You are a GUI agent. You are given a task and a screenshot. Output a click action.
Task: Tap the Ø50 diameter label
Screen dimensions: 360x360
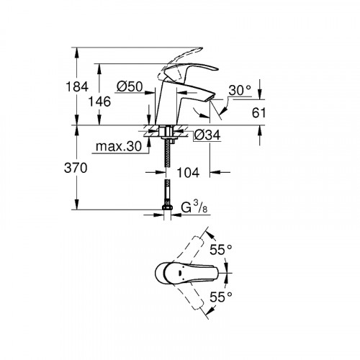(129, 86)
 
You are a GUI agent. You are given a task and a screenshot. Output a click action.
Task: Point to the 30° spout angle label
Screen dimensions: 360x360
(240, 91)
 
